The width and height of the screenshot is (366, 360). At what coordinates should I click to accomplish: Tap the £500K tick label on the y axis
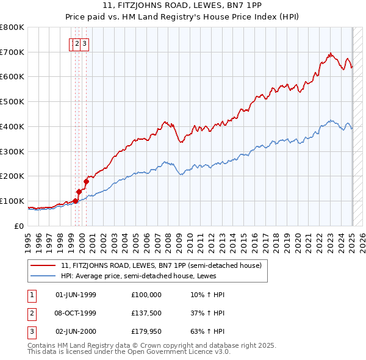coord(12,101)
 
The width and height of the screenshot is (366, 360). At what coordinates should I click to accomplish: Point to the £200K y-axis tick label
coord(12,176)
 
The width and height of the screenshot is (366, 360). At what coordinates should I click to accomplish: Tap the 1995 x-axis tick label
coord(28,238)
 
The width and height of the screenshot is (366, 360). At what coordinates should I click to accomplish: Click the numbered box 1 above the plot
coord(73,43)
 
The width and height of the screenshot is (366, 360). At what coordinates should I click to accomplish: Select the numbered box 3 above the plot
coord(85,43)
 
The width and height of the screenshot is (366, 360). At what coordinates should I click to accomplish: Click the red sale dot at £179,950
coord(87,181)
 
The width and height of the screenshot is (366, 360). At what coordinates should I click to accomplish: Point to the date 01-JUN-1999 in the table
coord(76,295)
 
